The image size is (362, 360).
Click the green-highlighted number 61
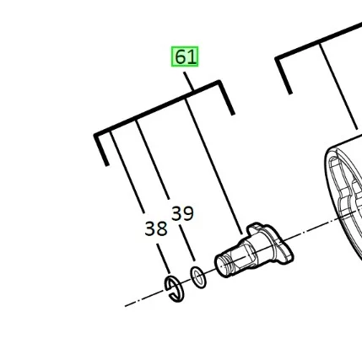point(185,56)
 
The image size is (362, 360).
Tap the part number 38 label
point(156,228)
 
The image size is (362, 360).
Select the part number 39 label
point(182,213)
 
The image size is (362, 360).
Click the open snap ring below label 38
point(175,289)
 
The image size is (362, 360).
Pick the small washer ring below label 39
point(198,277)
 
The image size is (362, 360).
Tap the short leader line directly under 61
point(189,81)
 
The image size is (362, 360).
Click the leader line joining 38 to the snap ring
point(164,259)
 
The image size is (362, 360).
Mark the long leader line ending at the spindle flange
point(213,167)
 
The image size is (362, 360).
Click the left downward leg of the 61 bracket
point(101,150)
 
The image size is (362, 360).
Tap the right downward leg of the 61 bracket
point(226,98)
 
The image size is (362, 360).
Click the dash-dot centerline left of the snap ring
point(144,298)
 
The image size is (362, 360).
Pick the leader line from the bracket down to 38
point(127,172)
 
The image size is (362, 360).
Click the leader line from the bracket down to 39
point(153,159)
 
